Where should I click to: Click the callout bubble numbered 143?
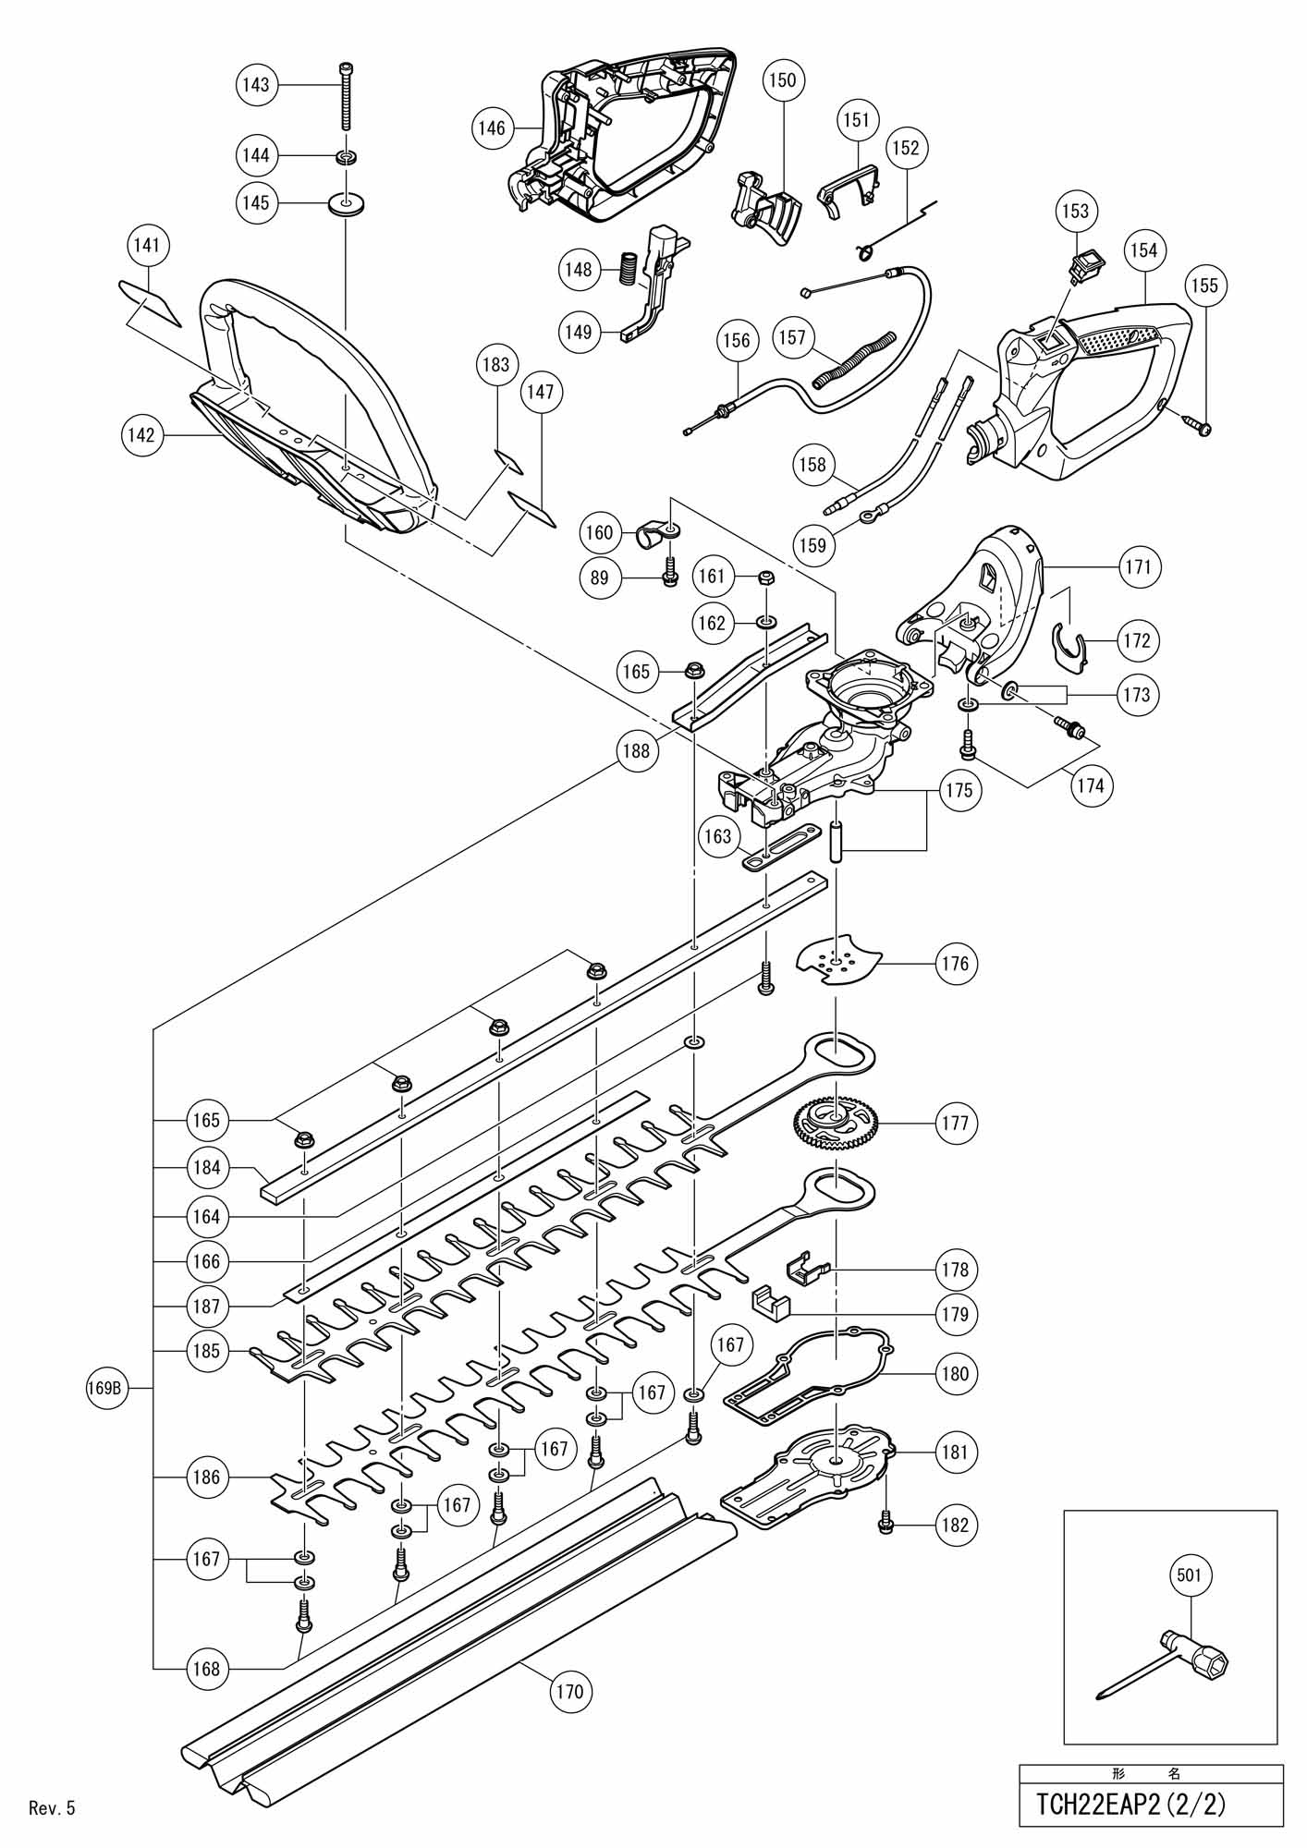coord(255,85)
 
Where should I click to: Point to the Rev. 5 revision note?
coord(52,1808)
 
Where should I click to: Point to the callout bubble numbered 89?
coord(600,577)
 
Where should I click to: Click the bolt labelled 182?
coord(887,1525)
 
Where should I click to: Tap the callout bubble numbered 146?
coord(493,127)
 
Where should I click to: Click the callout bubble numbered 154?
coord(1144,250)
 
